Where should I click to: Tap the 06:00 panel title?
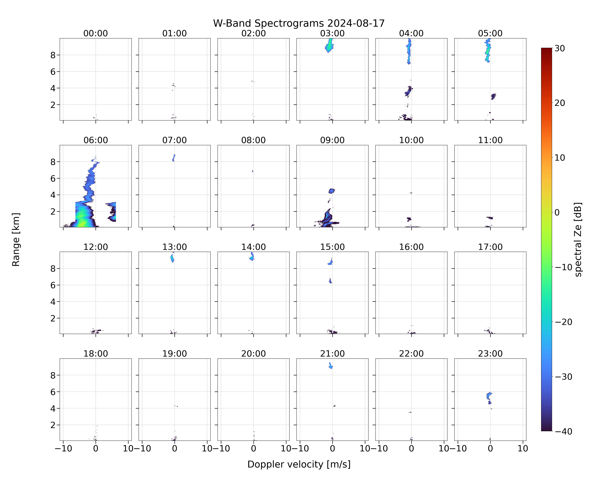(96, 140)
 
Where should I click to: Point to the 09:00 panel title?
(332, 140)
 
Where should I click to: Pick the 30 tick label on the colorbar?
(560, 48)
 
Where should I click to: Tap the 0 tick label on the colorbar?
(557, 212)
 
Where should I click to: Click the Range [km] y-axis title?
(16, 239)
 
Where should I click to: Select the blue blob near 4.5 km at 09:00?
(332, 191)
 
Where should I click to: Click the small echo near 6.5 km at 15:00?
(330, 281)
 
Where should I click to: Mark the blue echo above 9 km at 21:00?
(331, 366)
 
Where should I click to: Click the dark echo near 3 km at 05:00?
(493, 96)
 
